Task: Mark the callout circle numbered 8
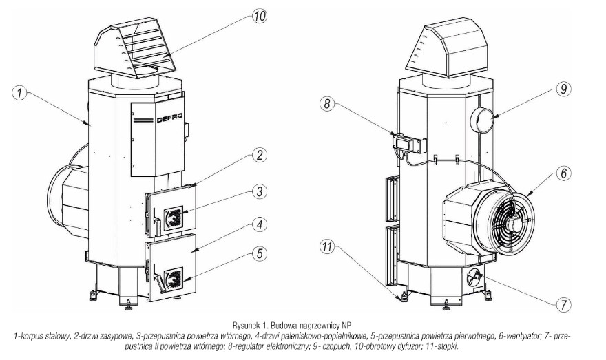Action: pos(326,104)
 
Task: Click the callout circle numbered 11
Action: pos(326,246)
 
